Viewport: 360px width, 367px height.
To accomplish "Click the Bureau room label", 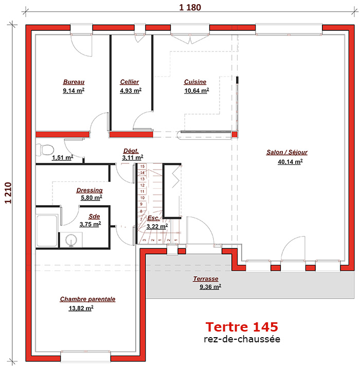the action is click(x=74, y=82).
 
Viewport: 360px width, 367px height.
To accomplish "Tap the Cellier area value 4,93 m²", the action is click(x=131, y=90).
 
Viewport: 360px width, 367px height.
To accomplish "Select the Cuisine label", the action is click(x=195, y=82).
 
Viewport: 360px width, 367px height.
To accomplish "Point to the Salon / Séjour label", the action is click(x=287, y=152).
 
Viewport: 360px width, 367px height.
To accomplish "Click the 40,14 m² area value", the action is click(x=290, y=162).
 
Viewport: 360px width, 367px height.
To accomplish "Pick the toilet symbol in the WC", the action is click(x=45, y=150).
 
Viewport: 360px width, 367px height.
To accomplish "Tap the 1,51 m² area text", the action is click(x=63, y=157).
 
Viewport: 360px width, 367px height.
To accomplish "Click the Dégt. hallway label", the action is click(x=131, y=151).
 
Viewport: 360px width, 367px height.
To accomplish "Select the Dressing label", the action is click(x=89, y=190).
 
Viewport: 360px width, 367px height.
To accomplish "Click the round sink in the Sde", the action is click(x=71, y=241).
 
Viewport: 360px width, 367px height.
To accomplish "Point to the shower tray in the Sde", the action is click(x=47, y=231).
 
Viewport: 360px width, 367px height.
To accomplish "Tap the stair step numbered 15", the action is click(x=142, y=167).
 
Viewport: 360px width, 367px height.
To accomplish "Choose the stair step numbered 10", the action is click(x=142, y=198).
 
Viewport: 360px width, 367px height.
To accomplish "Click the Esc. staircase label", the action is click(x=153, y=218).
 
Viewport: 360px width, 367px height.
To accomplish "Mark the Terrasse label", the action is click(x=206, y=279).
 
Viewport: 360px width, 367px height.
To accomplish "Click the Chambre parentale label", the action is click(x=87, y=299).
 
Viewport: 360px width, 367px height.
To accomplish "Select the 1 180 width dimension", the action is click(x=190, y=8).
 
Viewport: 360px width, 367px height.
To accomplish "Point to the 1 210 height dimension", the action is click(x=8, y=193).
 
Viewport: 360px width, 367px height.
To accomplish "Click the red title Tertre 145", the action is click(x=242, y=327).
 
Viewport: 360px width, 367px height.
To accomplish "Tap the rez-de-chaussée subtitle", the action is click(x=242, y=339).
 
